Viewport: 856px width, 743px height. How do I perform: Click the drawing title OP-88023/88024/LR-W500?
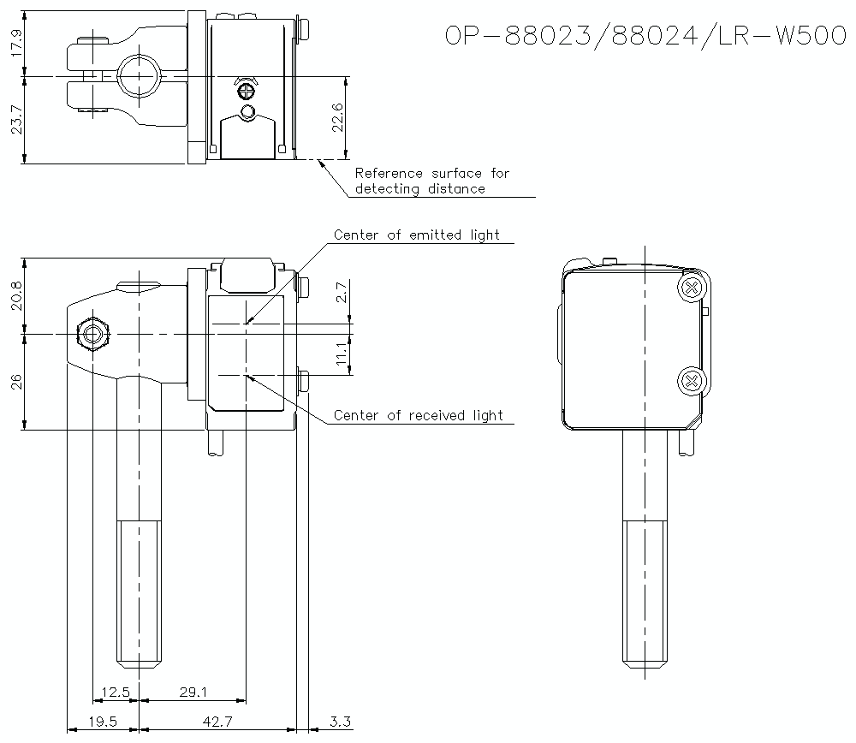click(646, 36)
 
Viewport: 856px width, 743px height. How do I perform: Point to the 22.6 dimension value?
click(337, 117)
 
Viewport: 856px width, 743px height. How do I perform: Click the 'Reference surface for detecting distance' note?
click(431, 181)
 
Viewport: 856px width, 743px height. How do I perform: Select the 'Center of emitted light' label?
click(416, 235)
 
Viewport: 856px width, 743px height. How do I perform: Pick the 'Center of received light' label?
click(418, 416)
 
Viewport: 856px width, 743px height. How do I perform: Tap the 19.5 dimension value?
click(103, 722)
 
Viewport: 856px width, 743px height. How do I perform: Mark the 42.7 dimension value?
click(216, 722)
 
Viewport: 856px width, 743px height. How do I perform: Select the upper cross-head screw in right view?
click(691, 288)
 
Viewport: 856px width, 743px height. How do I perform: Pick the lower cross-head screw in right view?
click(691, 380)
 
